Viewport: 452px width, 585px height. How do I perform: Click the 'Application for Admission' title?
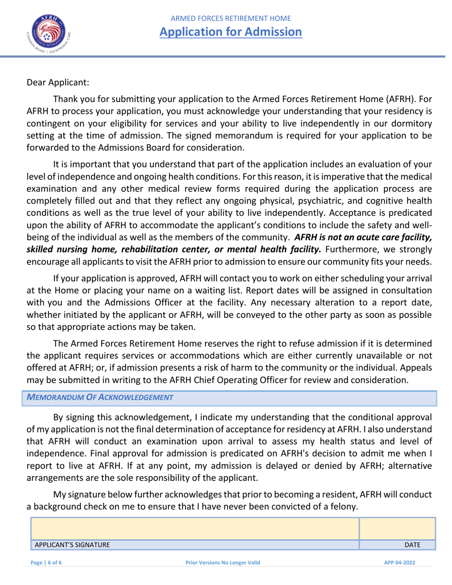(x=231, y=32)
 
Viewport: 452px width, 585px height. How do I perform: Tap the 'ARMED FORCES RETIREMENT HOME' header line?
(x=231, y=19)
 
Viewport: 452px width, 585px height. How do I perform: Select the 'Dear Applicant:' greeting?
(x=58, y=82)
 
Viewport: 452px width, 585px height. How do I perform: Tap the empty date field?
(x=397, y=528)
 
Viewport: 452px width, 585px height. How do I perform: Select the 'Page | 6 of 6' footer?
(x=46, y=563)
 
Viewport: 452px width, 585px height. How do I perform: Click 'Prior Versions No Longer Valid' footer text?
(x=223, y=563)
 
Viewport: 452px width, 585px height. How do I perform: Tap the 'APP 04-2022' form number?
(x=400, y=563)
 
